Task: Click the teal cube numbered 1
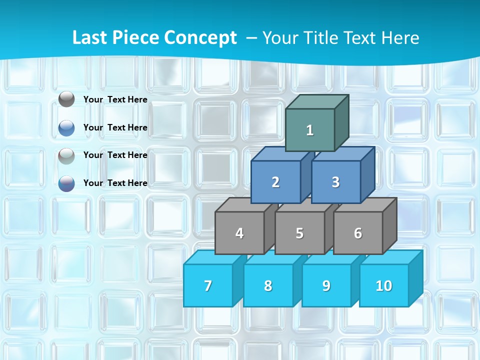click(310, 130)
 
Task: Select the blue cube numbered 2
click(275, 182)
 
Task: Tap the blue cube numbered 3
click(335, 182)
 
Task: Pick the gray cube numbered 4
click(239, 233)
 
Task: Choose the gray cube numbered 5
click(299, 233)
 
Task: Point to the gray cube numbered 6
click(358, 233)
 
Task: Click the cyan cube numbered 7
click(208, 285)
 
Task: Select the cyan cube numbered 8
click(268, 285)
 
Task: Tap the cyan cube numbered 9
click(326, 285)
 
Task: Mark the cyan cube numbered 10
click(384, 285)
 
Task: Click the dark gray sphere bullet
click(66, 99)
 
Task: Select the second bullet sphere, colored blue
click(66, 128)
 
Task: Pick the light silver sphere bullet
click(66, 156)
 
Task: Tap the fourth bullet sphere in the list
click(66, 183)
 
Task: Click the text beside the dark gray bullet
click(115, 99)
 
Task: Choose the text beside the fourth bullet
click(115, 183)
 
